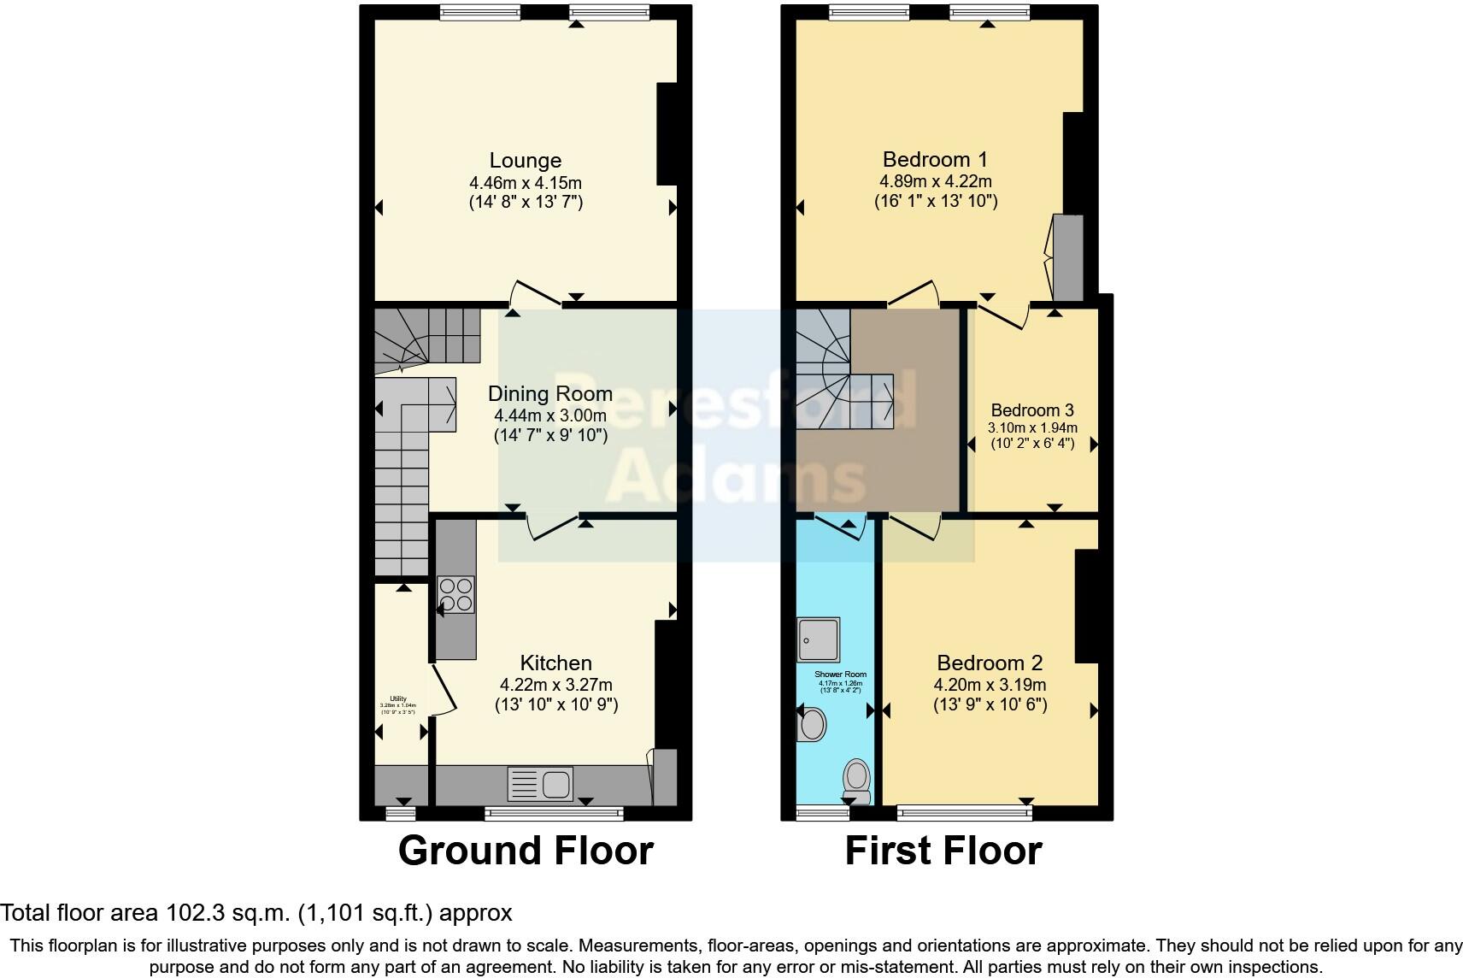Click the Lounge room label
[x=525, y=161]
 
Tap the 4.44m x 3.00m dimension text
[x=549, y=415]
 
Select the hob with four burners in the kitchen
[x=455, y=594]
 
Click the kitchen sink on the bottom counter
[x=540, y=784]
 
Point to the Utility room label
[x=397, y=698]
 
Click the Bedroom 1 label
[x=935, y=159]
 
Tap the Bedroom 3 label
[x=1031, y=410]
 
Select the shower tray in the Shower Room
[x=818, y=639]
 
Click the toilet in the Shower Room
[x=856, y=780]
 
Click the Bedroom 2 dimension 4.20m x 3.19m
[x=990, y=685]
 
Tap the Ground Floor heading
[x=526, y=851]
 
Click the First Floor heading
[x=943, y=851]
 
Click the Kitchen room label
[x=555, y=663]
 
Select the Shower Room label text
[x=839, y=675]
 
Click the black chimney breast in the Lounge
[x=667, y=133]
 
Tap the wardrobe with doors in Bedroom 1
[x=1066, y=257]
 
